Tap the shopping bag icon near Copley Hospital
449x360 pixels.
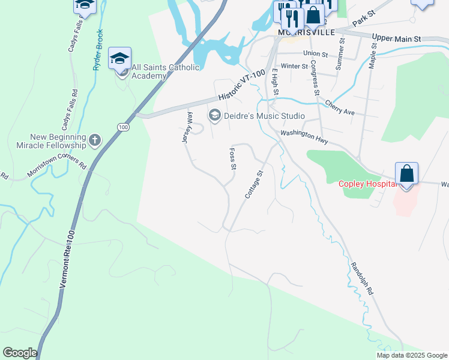pyautogui.click(x=406, y=175)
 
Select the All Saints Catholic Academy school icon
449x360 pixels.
pyautogui.click(x=119, y=59)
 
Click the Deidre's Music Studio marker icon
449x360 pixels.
pyautogui.click(x=214, y=115)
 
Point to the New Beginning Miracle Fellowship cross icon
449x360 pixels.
pyautogui.click(x=94, y=141)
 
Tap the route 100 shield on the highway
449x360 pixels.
pyautogui.click(x=123, y=127)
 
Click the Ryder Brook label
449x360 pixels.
pyautogui.click(x=98, y=50)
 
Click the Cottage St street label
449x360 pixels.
pyautogui.click(x=254, y=185)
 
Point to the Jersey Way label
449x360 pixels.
pyautogui.click(x=187, y=127)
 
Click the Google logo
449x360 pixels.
pyautogui.click(x=20, y=353)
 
